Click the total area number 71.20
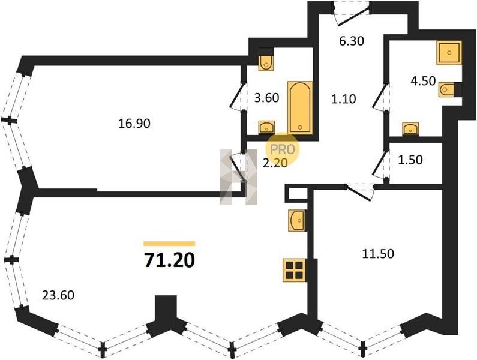click(169, 260)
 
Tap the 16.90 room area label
click(134, 124)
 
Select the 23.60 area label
click(58, 295)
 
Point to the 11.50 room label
click(378, 253)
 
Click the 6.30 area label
click(352, 40)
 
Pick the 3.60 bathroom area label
click(267, 98)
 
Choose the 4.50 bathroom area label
click(423, 81)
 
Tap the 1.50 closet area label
click(410, 160)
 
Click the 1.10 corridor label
click(343, 99)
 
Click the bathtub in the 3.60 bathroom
click(300, 108)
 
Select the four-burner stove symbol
click(295, 270)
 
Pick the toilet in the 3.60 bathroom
click(266, 62)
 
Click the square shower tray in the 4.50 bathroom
click(449, 53)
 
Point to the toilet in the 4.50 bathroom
click(446, 89)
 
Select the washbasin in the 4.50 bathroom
click(410, 128)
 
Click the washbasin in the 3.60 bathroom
click(267, 127)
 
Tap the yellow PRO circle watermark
click(283, 150)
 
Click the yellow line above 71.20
click(169, 244)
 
